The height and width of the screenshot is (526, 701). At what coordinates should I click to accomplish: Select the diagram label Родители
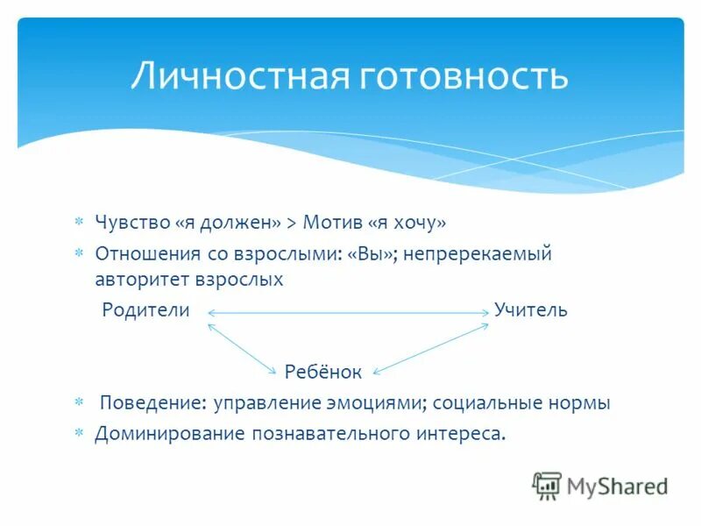pos(145,310)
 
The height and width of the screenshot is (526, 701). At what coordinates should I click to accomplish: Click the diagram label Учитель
pos(530,310)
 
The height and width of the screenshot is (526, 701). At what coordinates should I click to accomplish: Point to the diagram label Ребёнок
pos(322,373)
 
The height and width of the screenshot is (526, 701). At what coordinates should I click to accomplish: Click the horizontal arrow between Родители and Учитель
pos(348,312)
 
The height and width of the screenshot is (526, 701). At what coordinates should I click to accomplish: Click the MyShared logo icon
pos(546,485)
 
